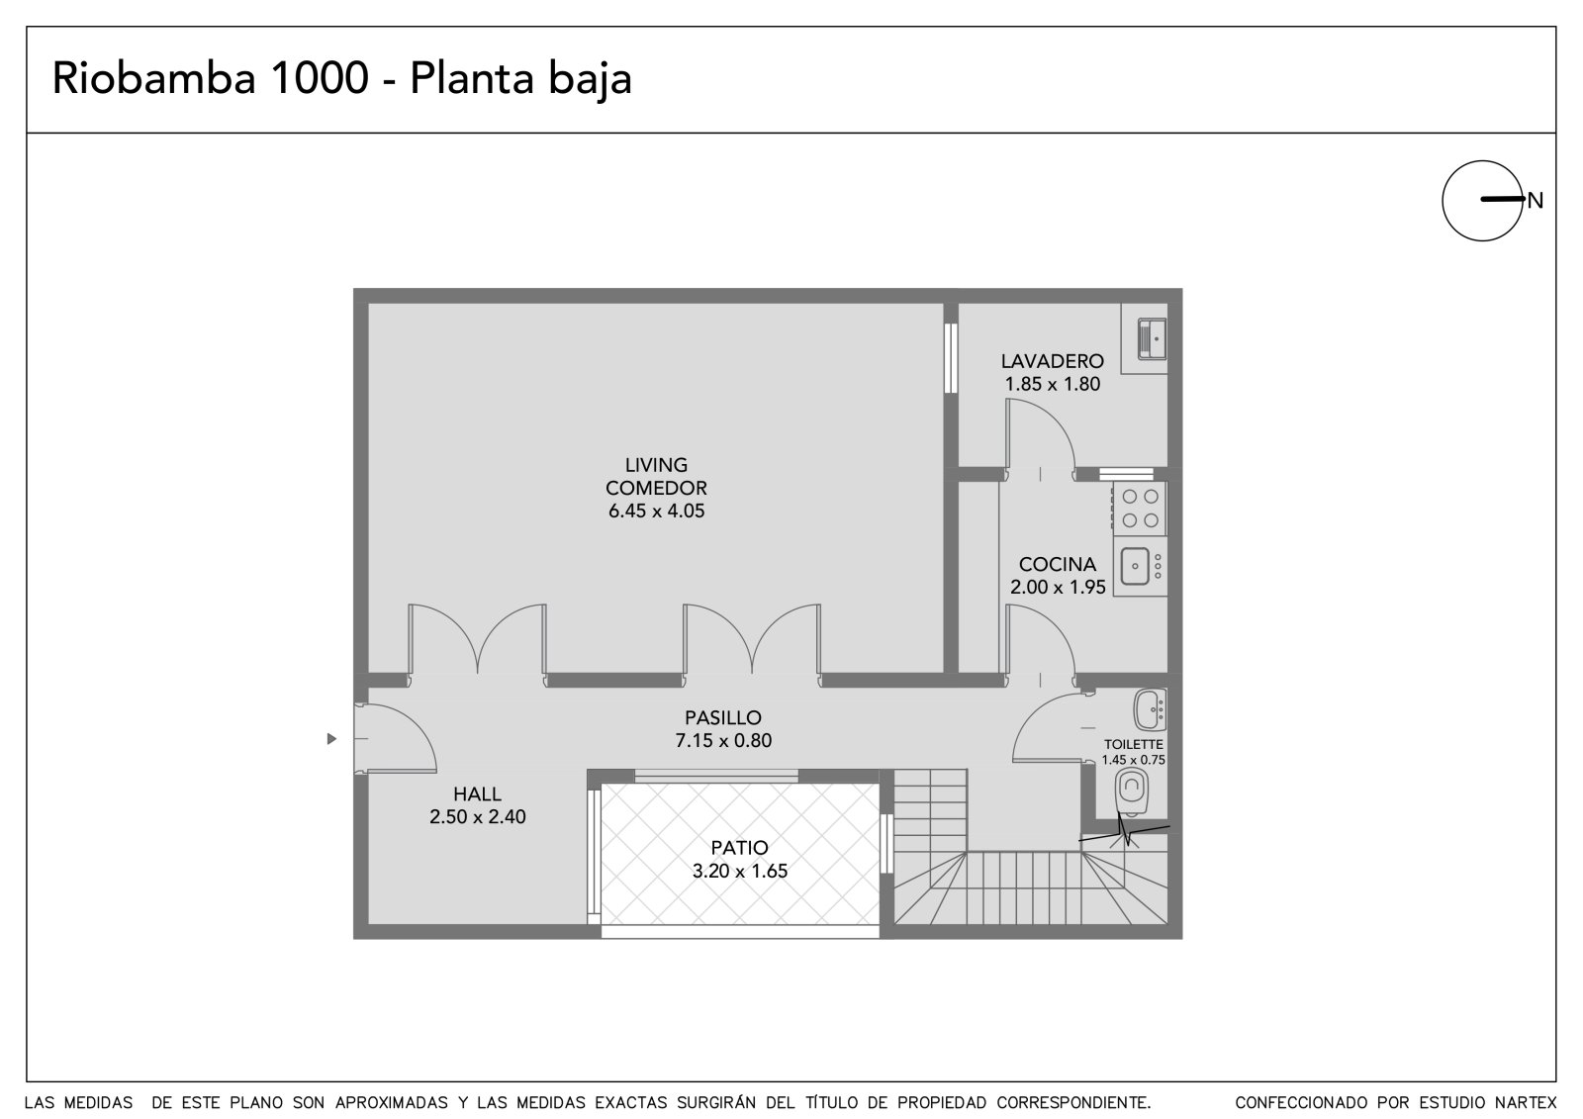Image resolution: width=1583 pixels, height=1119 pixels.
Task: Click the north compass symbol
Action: pyautogui.click(x=1483, y=201)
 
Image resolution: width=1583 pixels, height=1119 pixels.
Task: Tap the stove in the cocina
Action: pyautogui.click(x=1140, y=509)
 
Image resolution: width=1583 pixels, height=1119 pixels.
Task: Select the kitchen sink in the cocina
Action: pyautogui.click(x=1140, y=566)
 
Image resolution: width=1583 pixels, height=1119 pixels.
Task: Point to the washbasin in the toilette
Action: pyautogui.click(x=1151, y=709)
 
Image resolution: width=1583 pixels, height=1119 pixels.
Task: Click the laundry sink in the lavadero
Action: pyautogui.click(x=1152, y=339)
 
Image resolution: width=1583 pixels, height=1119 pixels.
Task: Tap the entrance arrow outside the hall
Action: pyautogui.click(x=331, y=739)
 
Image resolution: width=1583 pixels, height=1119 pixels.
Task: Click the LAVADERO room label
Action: pyautogui.click(x=1053, y=361)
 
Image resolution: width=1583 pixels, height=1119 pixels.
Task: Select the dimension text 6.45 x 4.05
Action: pyautogui.click(x=657, y=512)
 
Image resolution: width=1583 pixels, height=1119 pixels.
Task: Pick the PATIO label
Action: pyautogui.click(x=739, y=848)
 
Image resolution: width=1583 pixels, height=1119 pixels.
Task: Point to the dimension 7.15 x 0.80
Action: pyautogui.click(x=723, y=741)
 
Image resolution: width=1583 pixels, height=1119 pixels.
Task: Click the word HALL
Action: pyautogui.click(x=478, y=793)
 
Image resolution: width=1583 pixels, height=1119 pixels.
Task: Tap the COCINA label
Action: pyautogui.click(x=1058, y=564)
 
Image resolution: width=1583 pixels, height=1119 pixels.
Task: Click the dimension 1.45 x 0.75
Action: pyautogui.click(x=1134, y=761)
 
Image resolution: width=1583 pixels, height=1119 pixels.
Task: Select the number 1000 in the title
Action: pyautogui.click(x=319, y=78)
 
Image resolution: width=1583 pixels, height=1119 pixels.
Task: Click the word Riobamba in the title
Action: pyautogui.click(x=154, y=78)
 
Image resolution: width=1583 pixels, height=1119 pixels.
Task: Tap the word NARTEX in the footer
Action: pyautogui.click(x=1526, y=1102)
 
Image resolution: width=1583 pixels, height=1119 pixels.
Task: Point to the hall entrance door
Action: pyautogui.click(x=395, y=739)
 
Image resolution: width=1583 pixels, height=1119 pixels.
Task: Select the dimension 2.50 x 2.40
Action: pyautogui.click(x=478, y=817)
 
